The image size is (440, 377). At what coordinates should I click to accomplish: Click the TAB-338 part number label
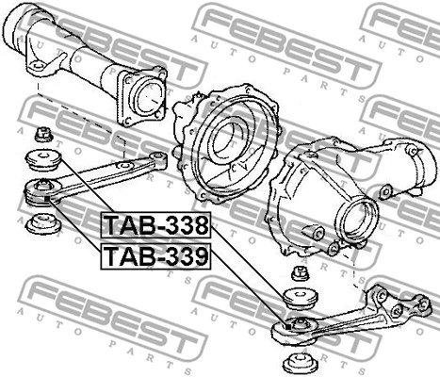pyautogui.click(x=155, y=225)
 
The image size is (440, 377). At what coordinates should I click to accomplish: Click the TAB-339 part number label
pyautogui.click(x=155, y=256)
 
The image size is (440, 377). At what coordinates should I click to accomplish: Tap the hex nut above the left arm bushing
pyautogui.click(x=43, y=134)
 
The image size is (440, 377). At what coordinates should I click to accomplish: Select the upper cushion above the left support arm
pyautogui.click(x=43, y=160)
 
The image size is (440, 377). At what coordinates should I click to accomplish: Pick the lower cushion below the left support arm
pyautogui.click(x=43, y=223)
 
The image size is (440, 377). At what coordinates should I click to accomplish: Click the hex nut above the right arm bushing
pyautogui.click(x=300, y=273)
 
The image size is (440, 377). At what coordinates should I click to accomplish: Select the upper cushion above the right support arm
pyautogui.click(x=301, y=299)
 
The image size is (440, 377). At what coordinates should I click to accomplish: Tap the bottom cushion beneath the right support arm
pyautogui.click(x=300, y=362)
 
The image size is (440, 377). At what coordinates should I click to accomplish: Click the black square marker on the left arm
pyautogui.click(x=47, y=199)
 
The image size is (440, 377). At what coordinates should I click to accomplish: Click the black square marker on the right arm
pyautogui.click(x=288, y=327)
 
